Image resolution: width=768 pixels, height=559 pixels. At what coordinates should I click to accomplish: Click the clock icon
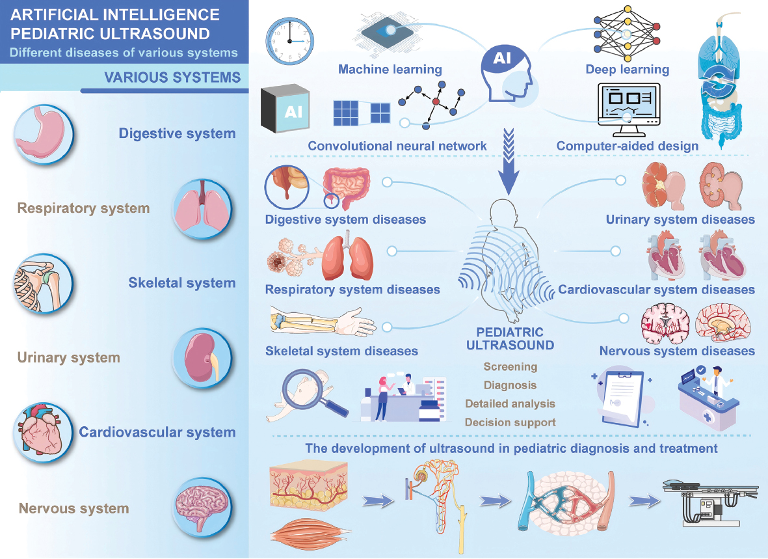[289, 41]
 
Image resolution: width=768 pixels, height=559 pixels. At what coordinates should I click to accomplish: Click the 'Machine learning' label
[390, 69]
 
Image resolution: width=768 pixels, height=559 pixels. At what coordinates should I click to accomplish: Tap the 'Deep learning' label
[627, 69]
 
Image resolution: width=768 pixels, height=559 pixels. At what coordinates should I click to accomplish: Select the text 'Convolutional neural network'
[397, 146]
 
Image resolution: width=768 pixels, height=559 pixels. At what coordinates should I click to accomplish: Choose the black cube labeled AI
[284, 109]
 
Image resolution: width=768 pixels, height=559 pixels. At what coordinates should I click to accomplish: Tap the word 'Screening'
[510, 366]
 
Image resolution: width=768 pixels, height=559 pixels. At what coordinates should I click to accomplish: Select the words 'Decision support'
[510, 422]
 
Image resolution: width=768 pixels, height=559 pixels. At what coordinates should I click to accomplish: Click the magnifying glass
[313, 392]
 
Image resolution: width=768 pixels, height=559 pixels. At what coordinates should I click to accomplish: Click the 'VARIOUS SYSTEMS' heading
[172, 78]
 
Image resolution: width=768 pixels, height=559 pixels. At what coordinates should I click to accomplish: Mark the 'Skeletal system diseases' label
[341, 351]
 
